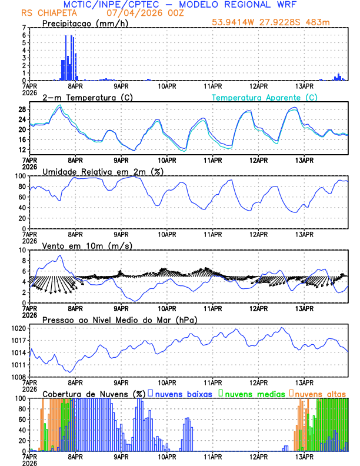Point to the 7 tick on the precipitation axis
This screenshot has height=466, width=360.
coord(24,28)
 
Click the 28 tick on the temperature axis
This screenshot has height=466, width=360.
coord(22,109)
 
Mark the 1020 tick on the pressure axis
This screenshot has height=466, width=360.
coord(19,328)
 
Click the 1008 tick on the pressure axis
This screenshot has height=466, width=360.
coord(19,377)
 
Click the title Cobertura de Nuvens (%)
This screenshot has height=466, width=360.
coord(94,393)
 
